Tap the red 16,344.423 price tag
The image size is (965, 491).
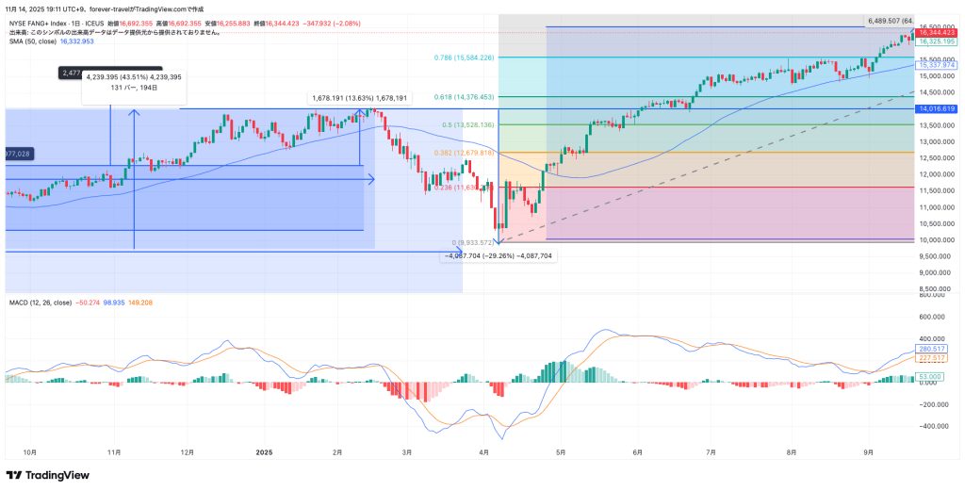coord(937,33)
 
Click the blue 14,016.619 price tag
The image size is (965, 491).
coord(937,108)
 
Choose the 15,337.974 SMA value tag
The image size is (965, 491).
coord(937,64)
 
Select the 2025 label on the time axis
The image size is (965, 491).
coord(264,452)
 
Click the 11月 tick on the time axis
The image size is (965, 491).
coord(113,452)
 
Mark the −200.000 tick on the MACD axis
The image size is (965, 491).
coord(935,404)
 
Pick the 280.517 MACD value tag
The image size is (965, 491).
coord(931,349)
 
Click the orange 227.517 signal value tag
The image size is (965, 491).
coord(931,358)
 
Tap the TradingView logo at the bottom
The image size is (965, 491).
coord(47,475)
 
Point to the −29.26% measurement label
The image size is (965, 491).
coord(499,255)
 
